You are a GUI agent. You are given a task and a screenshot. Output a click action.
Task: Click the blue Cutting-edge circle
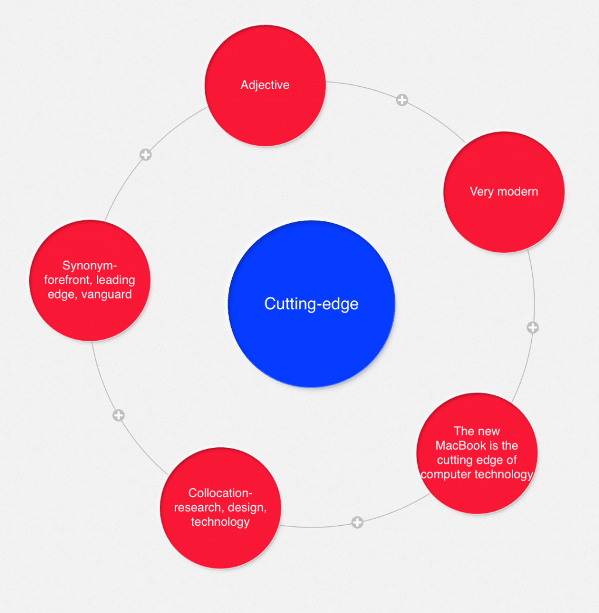pos(311,304)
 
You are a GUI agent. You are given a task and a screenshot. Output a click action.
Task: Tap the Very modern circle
pos(504,192)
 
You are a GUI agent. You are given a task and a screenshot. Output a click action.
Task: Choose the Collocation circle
pos(221,507)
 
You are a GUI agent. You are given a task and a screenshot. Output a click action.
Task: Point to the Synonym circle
pos(89,280)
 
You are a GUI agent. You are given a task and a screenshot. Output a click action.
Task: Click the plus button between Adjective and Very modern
pos(401,100)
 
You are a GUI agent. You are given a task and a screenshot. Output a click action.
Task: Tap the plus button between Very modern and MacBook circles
pos(532,327)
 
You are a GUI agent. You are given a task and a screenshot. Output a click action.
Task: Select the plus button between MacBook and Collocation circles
pos(357,522)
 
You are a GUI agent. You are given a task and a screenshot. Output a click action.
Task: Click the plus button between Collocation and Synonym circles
pos(118,415)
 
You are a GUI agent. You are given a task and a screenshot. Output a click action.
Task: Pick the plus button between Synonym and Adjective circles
pos(145,155)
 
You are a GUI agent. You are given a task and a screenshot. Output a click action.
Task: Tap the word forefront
pos(69,280)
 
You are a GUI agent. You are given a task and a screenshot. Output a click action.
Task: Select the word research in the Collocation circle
pos(195,508)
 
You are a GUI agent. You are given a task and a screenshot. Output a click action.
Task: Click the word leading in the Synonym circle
pos(116,280)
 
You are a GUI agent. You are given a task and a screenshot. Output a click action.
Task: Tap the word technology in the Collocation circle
pos(221,522)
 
